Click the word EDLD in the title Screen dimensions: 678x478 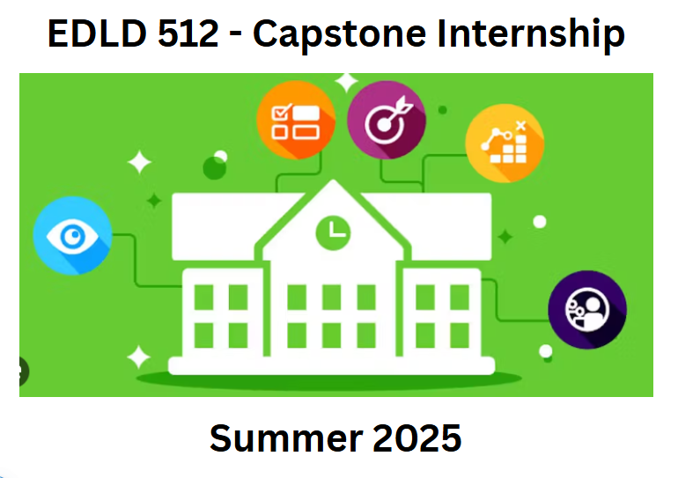click(97, 33)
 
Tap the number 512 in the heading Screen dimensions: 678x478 click(188, 33)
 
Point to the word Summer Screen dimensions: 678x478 click(286, 438)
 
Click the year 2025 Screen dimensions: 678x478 click(416, 438)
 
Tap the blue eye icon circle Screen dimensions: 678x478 click(72, 236)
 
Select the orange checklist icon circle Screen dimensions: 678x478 click(296, 120)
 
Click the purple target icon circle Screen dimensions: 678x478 click(387, 120)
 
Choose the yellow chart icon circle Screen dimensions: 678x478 click(505, 143)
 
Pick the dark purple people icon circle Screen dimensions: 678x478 click(587, 310)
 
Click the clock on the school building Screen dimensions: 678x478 click(334, 233)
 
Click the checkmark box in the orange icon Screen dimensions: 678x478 click(281, 113)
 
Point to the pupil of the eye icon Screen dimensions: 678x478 click(72, 237)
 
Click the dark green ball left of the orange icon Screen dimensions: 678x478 click(215, 167)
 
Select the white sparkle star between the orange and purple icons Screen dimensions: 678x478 click(346, 82)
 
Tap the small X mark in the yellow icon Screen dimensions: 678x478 click(520, 126)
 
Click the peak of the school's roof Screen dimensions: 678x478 click(333, 180)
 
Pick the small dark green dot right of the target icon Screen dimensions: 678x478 click(442, 110)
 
